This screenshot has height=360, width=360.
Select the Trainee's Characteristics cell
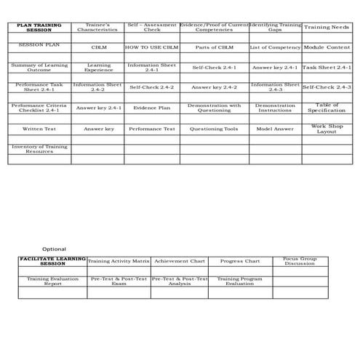coord(97,28)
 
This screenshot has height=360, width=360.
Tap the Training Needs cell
coord(327,28)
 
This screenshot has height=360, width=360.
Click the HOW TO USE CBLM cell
coord(151,47)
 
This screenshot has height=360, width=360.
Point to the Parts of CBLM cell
coord(214,47)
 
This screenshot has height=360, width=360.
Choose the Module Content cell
coord(327,47)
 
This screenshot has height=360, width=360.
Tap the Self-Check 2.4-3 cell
coord(327,87)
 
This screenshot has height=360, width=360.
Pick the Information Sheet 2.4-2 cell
coord(97,87)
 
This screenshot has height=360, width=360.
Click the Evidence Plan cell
coord(151,108)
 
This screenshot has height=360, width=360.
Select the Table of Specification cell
coord(327,108)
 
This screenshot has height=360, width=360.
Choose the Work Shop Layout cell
coord(327,129)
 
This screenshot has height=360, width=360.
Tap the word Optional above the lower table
coord(54,249)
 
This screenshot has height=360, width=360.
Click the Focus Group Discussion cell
coord(300,261)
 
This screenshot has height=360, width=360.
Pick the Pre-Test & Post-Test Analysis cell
coord(179,281)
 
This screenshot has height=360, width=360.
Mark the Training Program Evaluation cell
coord(239,281)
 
